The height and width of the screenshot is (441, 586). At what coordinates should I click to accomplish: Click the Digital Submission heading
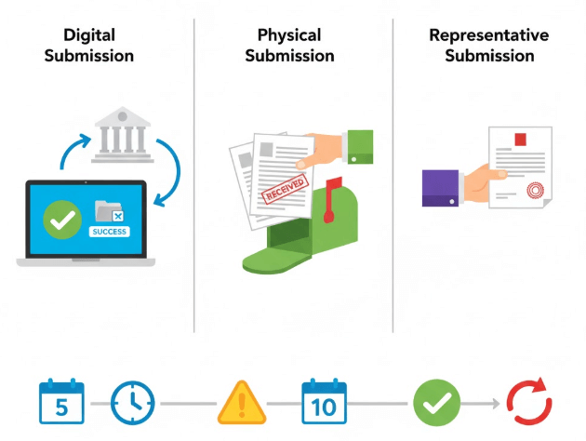pos(98,46)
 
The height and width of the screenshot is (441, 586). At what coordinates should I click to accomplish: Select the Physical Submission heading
pos(289,46)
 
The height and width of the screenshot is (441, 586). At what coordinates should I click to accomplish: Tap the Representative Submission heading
pos(488,46)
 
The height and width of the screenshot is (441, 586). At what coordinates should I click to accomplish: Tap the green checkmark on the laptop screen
pos(62,220)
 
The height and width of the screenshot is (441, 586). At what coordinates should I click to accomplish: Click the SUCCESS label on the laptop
pos(110,231)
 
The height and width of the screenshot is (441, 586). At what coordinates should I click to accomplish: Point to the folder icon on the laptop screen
pos(110,212)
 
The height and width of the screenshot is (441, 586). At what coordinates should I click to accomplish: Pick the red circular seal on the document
pos(535,192)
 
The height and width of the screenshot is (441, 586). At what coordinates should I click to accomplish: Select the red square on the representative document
pos(520,140)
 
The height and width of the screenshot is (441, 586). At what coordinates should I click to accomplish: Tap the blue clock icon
pos(133,404)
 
